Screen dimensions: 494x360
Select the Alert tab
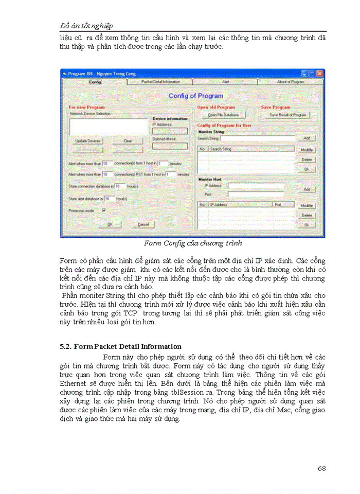(x=225, y=82)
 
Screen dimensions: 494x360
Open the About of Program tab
(x=291, y=82)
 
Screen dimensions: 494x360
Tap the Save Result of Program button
(x=288, y=115)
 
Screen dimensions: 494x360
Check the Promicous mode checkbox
(x=104, y=210)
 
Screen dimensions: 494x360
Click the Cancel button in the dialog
(x=142, y=224)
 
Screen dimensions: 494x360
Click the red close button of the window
(x=320, y=74)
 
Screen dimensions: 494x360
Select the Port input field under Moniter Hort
(x=256, y=194)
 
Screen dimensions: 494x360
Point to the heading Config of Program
(x=196, y=96)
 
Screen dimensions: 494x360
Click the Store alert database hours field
(x=109, y=198)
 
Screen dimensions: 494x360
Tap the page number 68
(x=321, y=468)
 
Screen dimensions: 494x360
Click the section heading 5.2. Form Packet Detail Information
(x=120, y=346)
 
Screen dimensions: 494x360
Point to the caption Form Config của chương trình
(x=193, y=243)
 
